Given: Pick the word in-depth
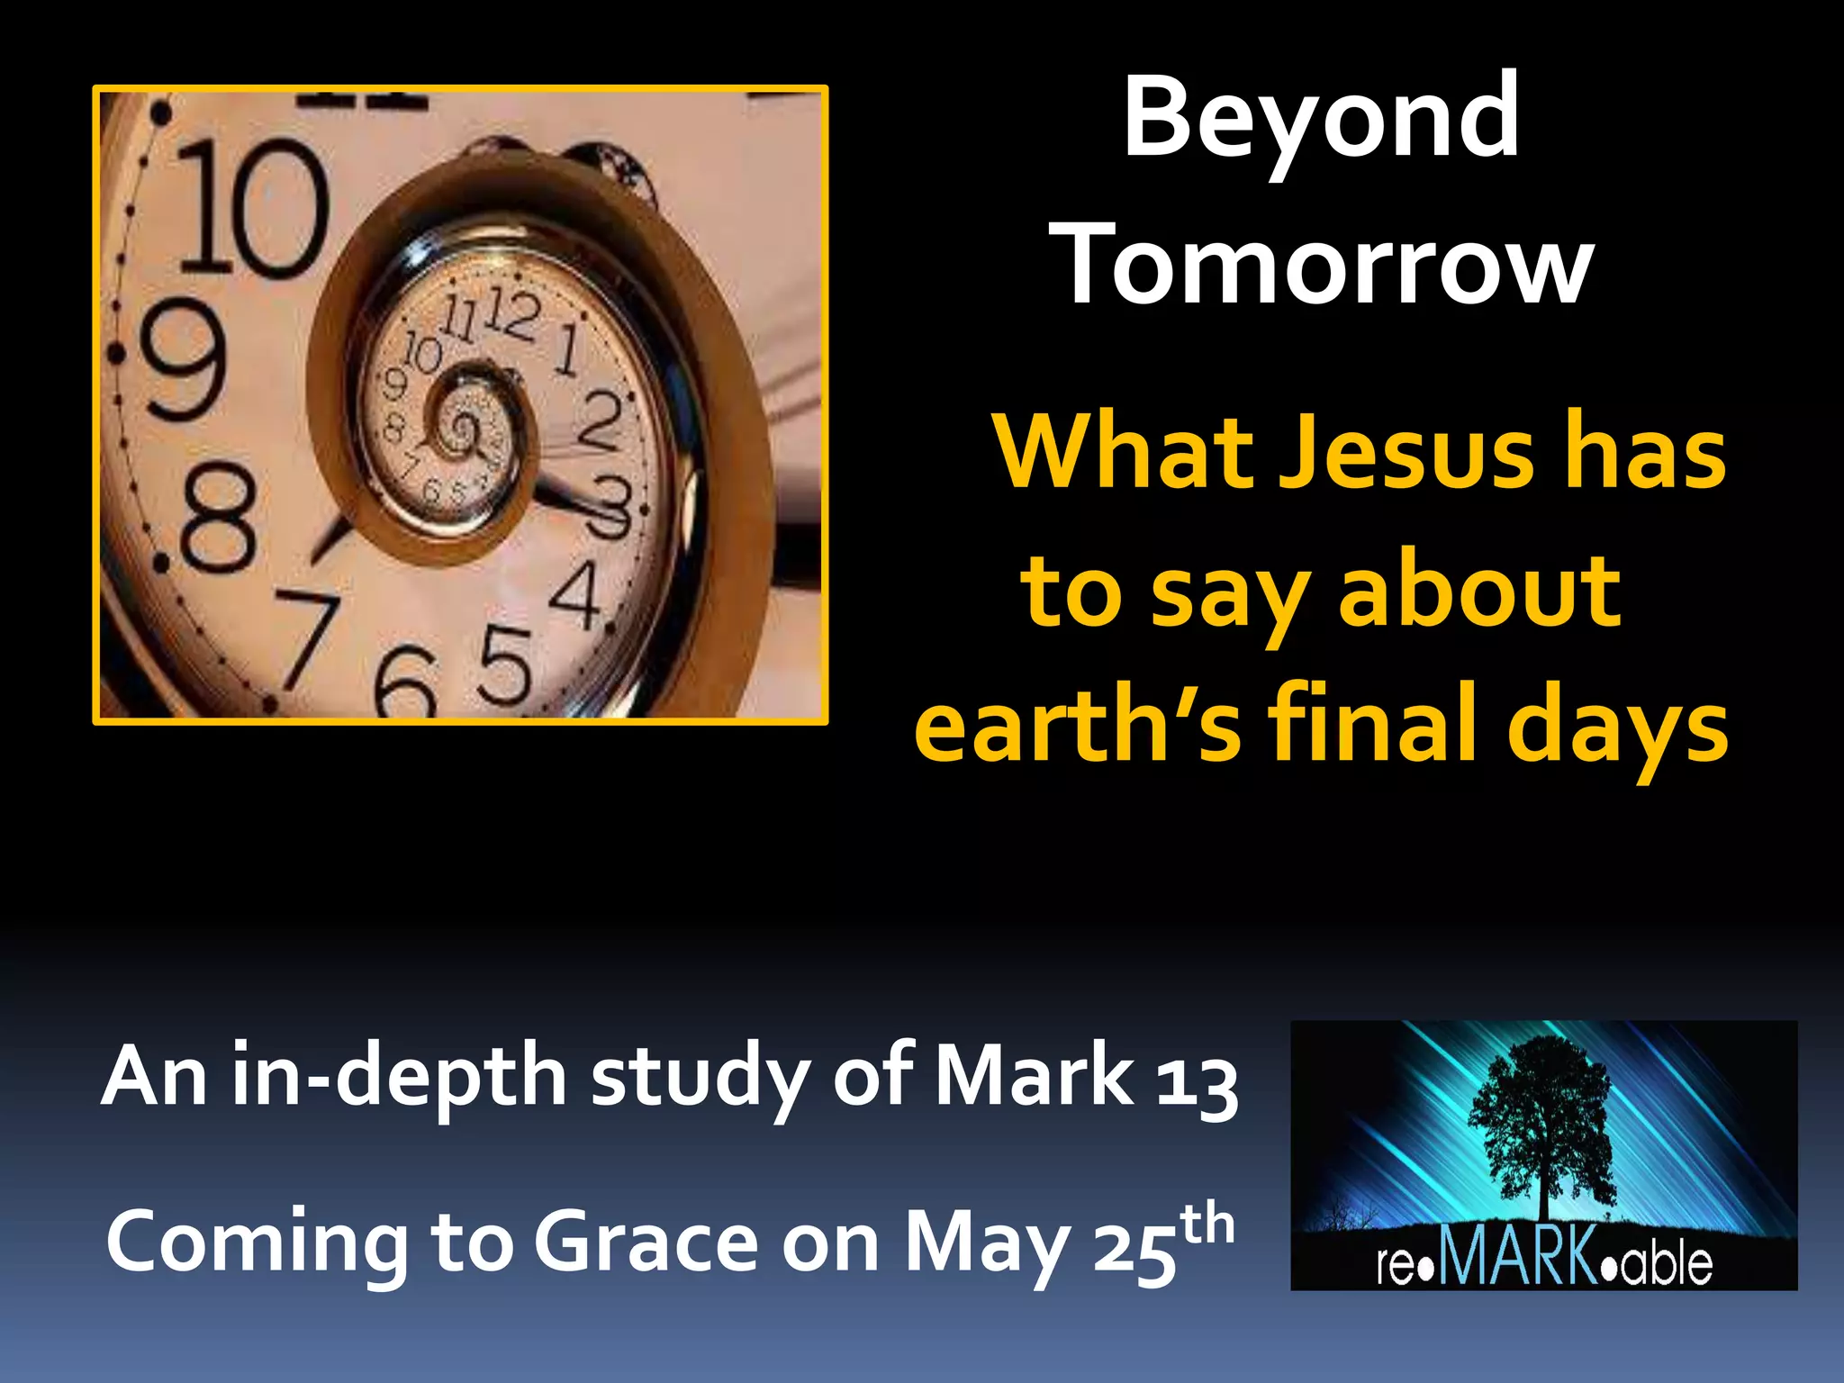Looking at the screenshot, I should [x=399, y=1077].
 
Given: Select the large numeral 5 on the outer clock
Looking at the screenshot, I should [x=504, y=665].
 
